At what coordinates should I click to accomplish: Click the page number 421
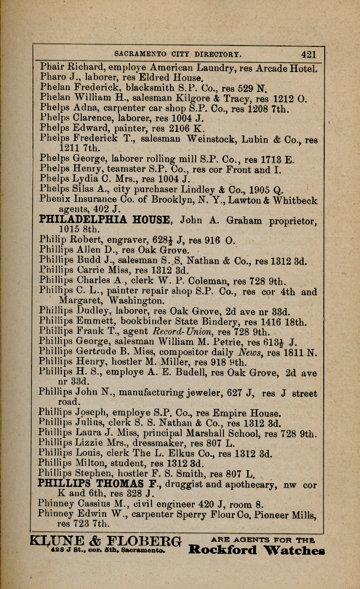pyautogui.click(x=308, y=54)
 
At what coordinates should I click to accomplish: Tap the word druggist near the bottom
pyautogui.click(x=199, y=485)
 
